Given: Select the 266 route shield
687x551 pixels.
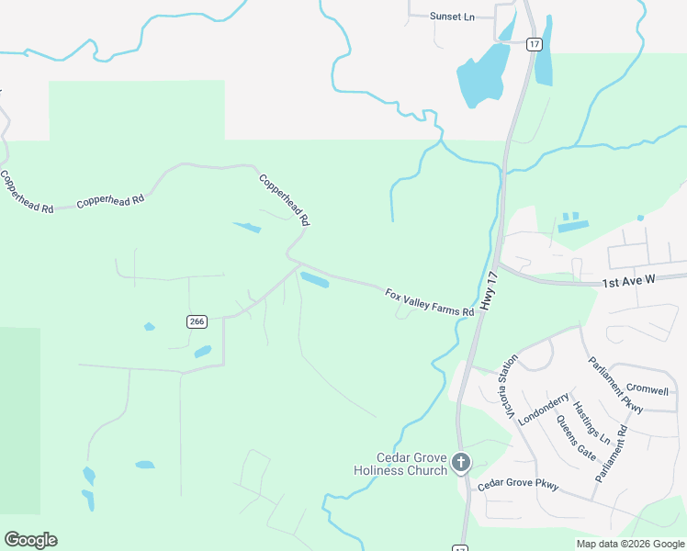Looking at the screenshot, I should point(197,321).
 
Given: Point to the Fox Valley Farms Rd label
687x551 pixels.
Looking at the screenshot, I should point(429,302).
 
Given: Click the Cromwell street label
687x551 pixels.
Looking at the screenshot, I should point(647,389).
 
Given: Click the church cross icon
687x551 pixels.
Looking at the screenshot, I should point(461,463).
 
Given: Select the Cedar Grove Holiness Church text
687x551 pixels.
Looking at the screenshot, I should point(400,464).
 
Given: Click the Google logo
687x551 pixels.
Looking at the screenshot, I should point(30,540).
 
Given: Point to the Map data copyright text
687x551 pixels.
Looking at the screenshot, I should point(629,544).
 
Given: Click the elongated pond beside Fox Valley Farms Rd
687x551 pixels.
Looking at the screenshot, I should point(314,279).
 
